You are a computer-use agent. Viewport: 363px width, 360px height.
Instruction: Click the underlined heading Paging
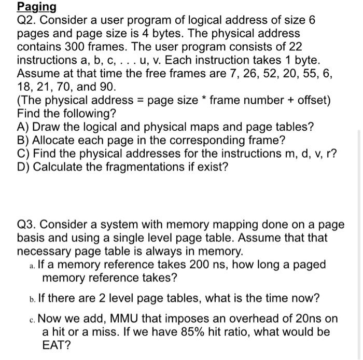pyautogui.click(x=36, y=7)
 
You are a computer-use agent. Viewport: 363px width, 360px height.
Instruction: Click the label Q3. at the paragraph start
pyautogui.click(x=26, y=225)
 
